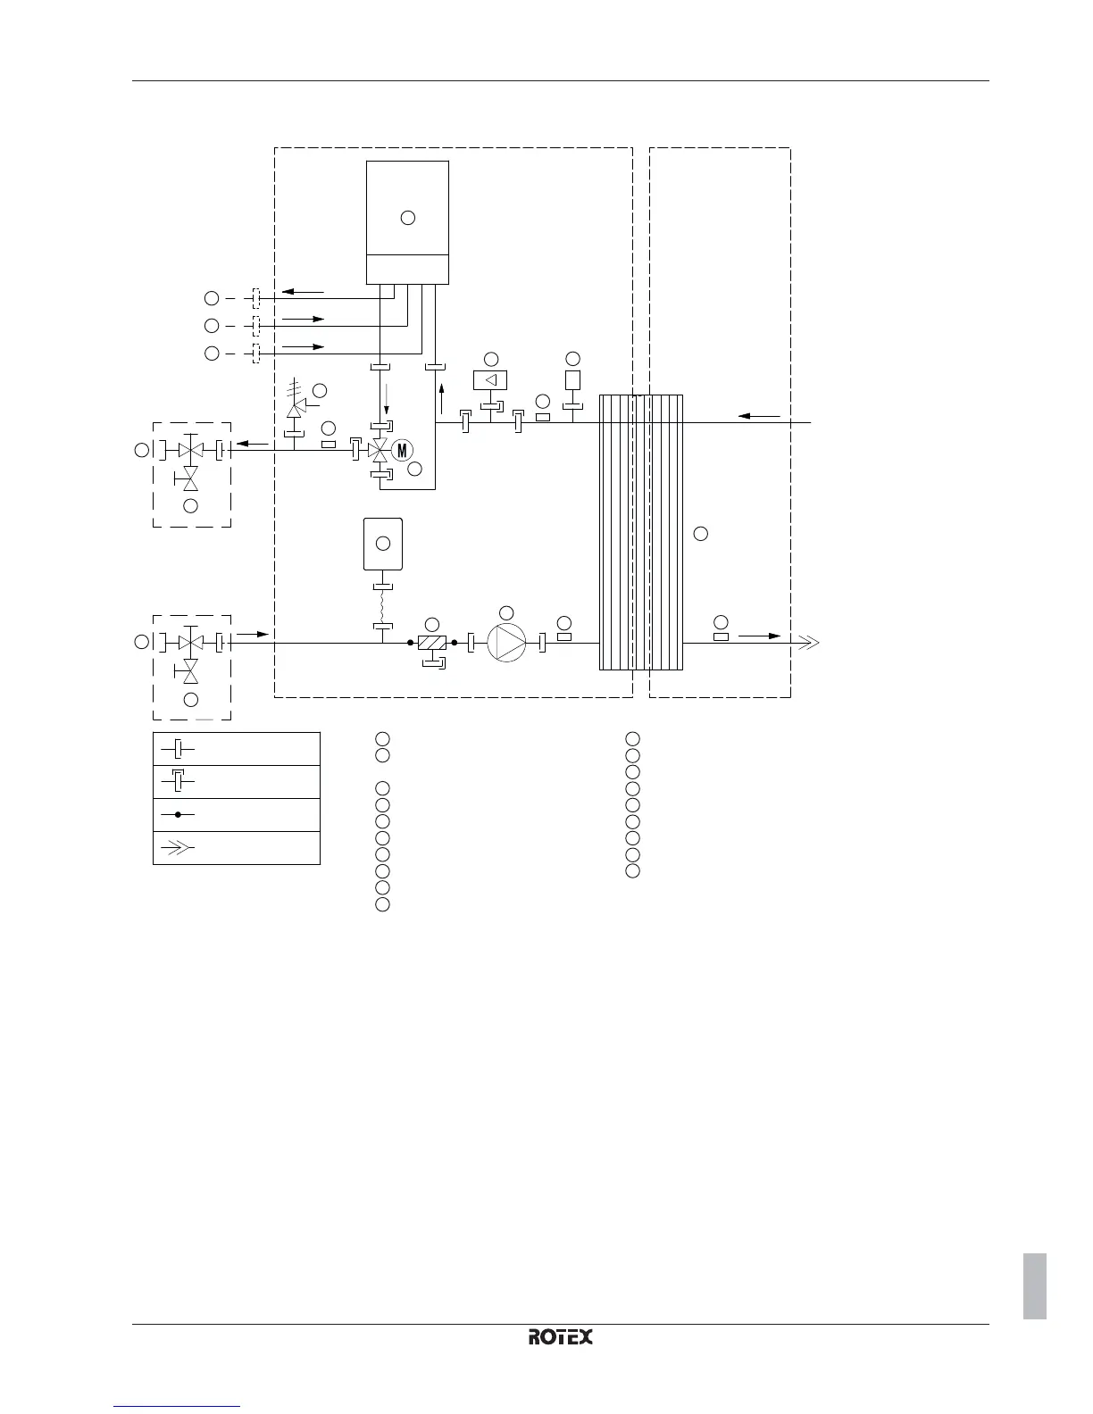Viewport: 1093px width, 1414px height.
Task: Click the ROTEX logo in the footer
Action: click(561, 1336)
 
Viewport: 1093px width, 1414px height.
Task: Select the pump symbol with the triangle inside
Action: click(506, 642)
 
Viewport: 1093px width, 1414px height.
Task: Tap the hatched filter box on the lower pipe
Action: click(431, 642)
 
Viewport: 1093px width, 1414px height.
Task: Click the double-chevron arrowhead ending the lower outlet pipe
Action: click(807, 642)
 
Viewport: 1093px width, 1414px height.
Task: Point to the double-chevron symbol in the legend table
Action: click(178, 848)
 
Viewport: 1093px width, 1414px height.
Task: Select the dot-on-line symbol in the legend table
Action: click(178, 815)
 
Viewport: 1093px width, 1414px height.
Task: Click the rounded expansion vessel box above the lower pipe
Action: click(383, 544)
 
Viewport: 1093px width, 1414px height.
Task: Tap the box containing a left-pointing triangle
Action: click(490, 379)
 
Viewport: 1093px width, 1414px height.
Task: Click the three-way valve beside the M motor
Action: click(380, 450)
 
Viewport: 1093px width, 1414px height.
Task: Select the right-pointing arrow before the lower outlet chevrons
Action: click(759, 636)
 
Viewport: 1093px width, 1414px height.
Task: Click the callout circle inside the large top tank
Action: click(408, 217)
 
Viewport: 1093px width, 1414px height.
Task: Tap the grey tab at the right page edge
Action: click(1035, 1285)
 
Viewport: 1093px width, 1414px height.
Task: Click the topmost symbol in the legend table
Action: click(178, 748)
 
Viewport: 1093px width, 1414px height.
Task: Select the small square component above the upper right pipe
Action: click(573, 379)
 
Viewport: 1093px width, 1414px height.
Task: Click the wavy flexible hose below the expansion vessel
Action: click(382, 607)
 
